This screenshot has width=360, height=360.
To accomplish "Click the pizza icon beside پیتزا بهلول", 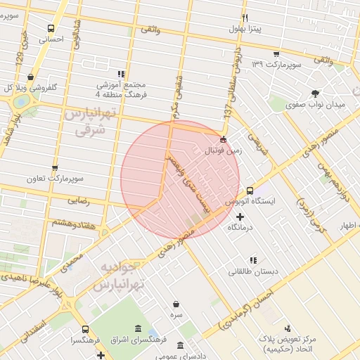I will [x=245, y=18].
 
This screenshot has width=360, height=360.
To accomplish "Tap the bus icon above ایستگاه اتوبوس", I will [x=250, y=191].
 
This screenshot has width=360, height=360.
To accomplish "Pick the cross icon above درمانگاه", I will [x=241, y=217].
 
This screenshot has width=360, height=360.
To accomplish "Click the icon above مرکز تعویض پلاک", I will [x=288, y=328].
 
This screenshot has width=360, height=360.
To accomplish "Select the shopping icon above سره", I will [x=175, y=304].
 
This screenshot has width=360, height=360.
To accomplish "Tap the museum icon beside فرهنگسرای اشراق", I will [x=136, y=329].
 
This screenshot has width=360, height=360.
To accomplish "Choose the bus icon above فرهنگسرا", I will [x=85, y=329].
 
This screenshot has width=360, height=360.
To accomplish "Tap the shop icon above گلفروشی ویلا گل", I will [x=30, y=77].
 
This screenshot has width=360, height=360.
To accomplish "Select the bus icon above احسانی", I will [x=50, y=29].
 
